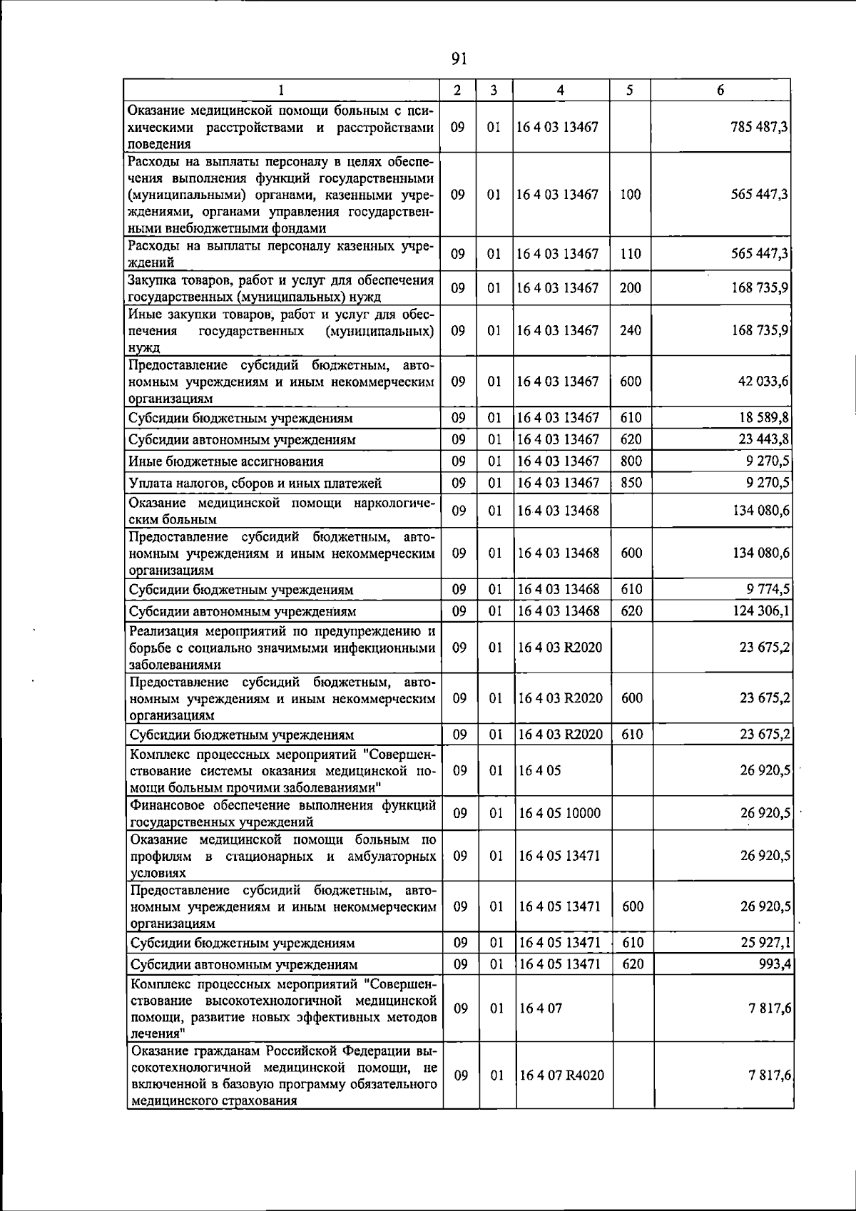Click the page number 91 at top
click(459, 58)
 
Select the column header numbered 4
click(561, 90)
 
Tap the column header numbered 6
click(720, 90)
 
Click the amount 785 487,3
click(759, 127)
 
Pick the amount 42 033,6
click(763, 382)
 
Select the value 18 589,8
click(763, 417)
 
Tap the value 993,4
click(773, 964)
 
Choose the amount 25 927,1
click(765, 943)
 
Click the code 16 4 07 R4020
click(562, 1075)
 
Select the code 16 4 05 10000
click(560, 813)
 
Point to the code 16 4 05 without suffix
click(540, 771)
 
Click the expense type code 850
click(631, 483)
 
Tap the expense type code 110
click(631, 254)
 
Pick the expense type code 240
click(631, 331)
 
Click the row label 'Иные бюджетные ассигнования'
click(226, 461)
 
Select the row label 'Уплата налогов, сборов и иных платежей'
click(255, 484)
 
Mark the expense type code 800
click(631, 461)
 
